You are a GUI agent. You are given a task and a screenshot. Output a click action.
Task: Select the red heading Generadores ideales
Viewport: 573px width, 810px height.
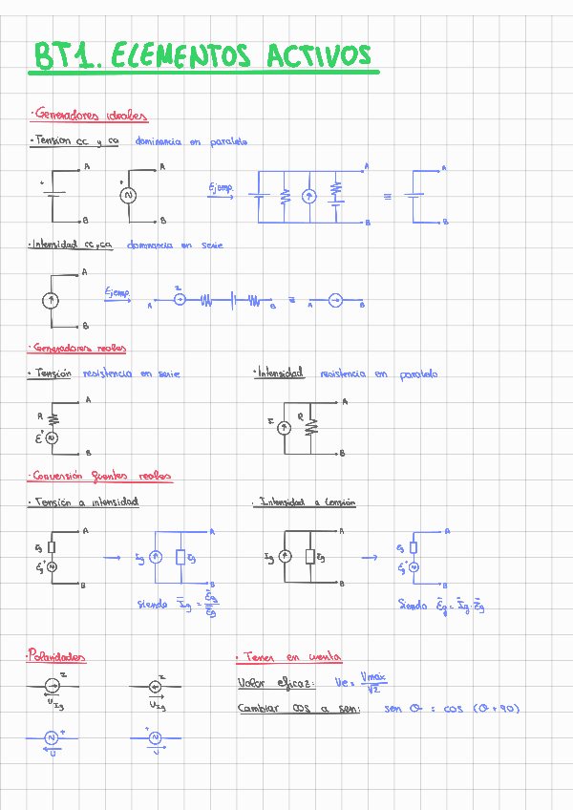[89, 116]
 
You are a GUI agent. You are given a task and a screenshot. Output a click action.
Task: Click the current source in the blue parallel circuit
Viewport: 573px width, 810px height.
[308, 196]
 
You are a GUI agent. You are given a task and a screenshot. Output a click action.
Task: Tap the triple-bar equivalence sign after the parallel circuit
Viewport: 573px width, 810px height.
[388, 196]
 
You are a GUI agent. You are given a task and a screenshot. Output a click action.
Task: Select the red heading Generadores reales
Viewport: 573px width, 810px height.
[78, 348]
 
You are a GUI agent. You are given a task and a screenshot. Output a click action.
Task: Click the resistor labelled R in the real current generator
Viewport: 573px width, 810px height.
[309, 427]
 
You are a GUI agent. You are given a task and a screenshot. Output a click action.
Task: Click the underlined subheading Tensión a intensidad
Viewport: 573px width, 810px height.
[86, 501]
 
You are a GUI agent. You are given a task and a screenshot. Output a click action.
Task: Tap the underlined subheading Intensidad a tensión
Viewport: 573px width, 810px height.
[307, 501]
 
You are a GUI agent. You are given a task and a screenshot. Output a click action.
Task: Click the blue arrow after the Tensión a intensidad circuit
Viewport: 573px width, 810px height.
[112, 559]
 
